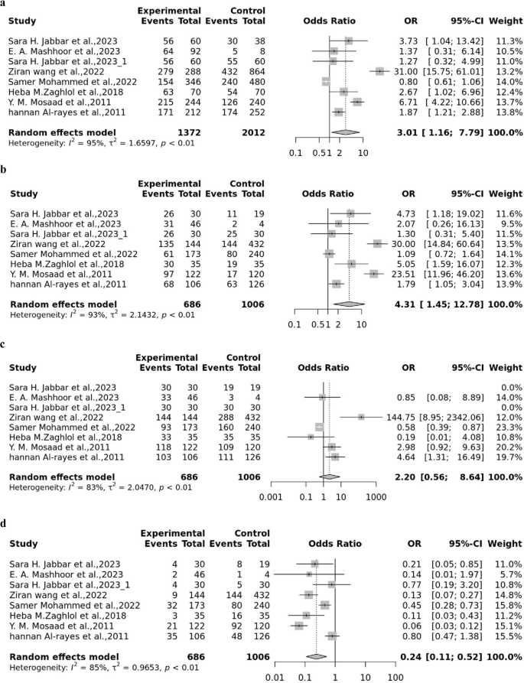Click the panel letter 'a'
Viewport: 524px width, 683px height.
tap(5, 5)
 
